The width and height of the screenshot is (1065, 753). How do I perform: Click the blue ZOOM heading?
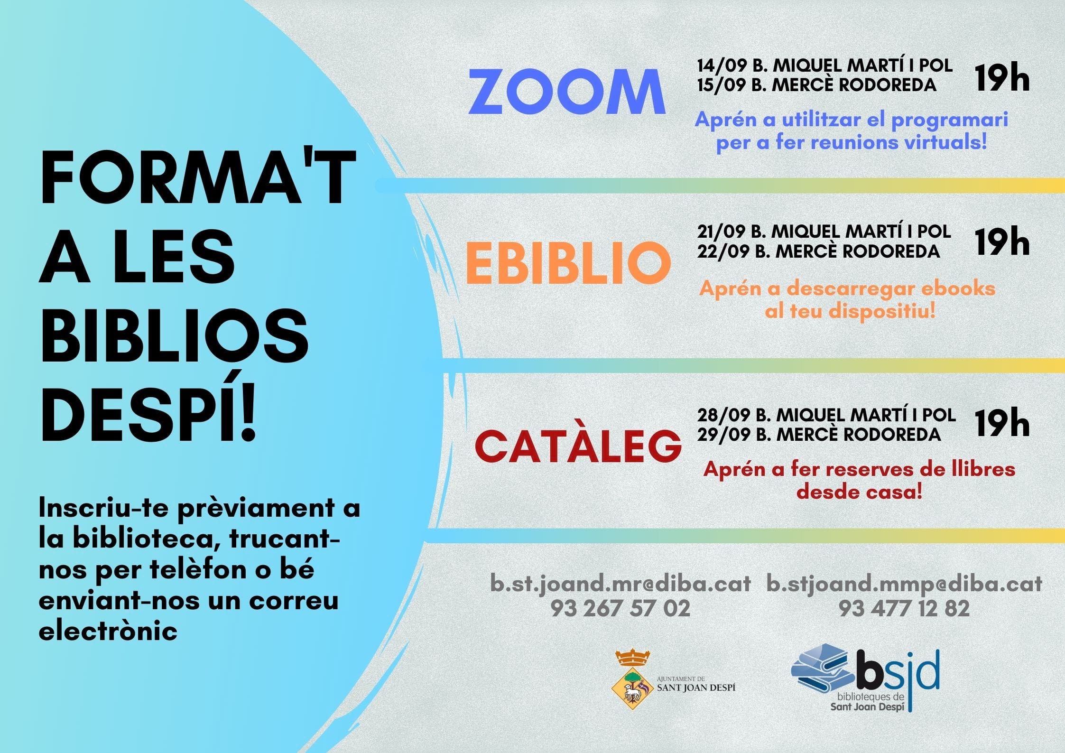pos(567,92)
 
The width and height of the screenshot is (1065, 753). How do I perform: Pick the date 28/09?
pos(723,415)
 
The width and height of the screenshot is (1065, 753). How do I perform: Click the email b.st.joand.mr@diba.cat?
pos(620,584)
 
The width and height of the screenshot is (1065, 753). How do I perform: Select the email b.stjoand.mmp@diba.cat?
pos(904,584)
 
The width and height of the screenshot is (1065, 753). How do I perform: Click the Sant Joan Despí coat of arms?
pos(632,680)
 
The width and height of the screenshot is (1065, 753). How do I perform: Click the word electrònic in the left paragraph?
pos(109,631)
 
